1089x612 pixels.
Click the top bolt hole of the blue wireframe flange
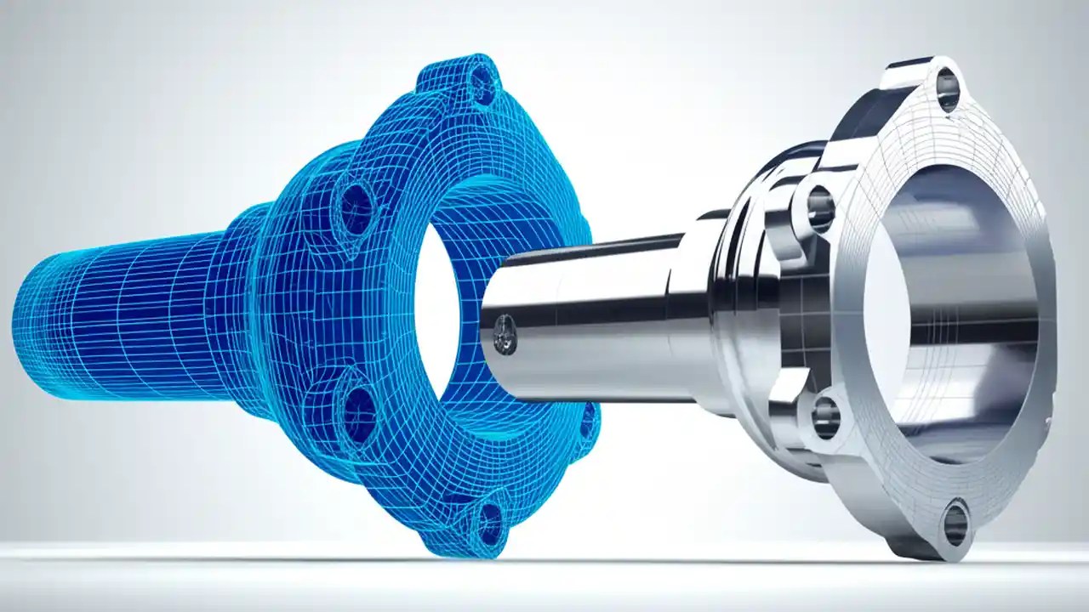tap(483, 85)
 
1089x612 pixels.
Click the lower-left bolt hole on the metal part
tap(824, 417)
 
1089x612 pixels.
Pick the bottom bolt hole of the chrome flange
tap(955, 524)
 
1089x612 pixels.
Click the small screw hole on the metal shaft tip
tap(505, 334)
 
